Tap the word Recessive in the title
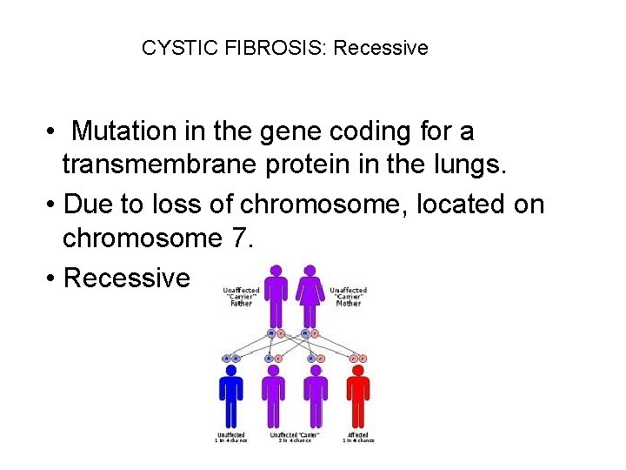(381, 48)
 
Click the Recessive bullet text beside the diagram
(127, 278)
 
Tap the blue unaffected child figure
(231, 396)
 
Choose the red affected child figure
(357, 396)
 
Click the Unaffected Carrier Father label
(242, 297)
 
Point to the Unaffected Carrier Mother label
(348, 297)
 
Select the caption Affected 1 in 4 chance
(357, 437)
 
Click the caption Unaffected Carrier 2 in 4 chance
(295, 437)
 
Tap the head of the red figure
(357, 369)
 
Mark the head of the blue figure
(231, 369)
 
